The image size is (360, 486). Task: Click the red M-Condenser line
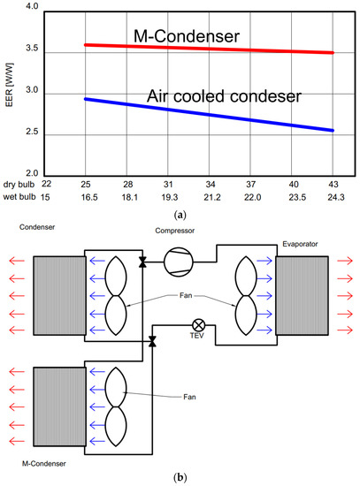click(203, 49)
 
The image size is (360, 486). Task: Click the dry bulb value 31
click(168, 184)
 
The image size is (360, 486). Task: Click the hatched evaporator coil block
click(303, 295)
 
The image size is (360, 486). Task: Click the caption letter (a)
click(180, 213)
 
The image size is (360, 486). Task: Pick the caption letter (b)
click(180, 477)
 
